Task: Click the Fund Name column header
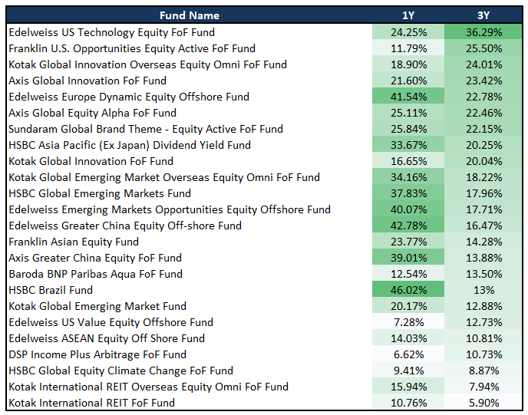189,15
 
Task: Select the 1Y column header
408,15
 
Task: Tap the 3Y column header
483,15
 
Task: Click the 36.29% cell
483,32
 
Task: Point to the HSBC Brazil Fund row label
50,290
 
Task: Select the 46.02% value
408,290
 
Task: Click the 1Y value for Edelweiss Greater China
408,226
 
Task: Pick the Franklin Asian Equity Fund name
74,242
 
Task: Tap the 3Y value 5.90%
483,403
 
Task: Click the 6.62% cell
408,354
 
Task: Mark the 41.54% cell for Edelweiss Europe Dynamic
408,97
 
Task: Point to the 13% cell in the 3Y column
483,290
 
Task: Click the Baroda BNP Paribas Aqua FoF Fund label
95,274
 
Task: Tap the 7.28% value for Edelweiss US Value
408,322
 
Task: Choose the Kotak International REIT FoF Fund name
91,403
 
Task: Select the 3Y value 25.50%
483,48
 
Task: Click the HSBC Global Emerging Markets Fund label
99,193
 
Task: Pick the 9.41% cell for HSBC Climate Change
408,371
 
